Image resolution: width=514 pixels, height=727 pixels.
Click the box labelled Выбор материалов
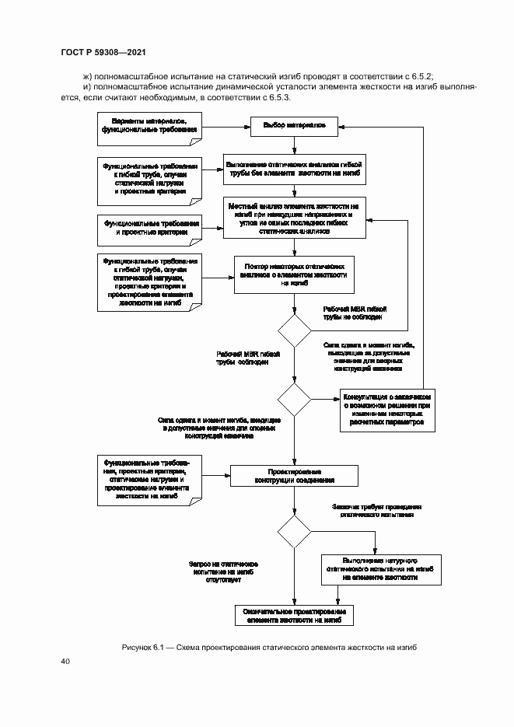tap(294, 125)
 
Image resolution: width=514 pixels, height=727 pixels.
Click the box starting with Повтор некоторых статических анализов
tap(294, 274)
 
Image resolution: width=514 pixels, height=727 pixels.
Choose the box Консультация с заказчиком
tap(384, 410)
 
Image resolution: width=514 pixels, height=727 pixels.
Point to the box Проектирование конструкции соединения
tap(294, 475)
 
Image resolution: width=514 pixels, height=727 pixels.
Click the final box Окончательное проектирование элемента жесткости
tap(294, 615)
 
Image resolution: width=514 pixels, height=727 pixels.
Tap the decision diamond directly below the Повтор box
tap(294, 330)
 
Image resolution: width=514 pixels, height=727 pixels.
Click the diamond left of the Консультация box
tap(294, 399)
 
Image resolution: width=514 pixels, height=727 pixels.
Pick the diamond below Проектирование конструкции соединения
tap(294, 532)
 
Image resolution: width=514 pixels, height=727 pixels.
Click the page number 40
tap(65, 661)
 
